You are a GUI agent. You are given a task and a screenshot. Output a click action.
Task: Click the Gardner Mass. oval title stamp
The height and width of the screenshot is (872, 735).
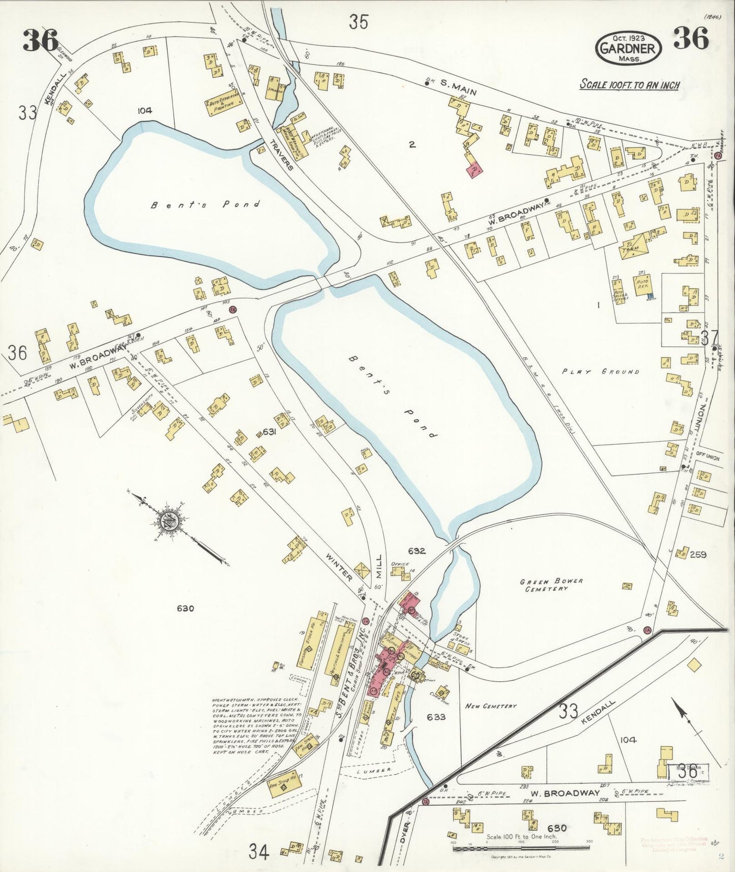pos(629,47)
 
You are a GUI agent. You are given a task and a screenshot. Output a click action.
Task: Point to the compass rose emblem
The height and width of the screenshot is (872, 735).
pos(166,522)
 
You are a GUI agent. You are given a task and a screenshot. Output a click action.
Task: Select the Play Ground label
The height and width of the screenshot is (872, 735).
pos(600,371)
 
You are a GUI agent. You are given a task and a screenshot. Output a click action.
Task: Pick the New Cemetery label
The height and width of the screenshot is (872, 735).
pos(491,706)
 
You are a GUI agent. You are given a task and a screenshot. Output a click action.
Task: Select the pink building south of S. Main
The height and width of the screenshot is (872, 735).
pos(474,169)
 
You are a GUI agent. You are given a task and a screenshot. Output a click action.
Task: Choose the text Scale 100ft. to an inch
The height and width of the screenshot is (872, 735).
pos(630,85)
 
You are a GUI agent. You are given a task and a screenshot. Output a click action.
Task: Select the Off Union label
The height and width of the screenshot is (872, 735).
pos(708,458)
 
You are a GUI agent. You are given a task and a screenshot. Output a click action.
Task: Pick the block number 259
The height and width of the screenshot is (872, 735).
pos(697,555)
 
